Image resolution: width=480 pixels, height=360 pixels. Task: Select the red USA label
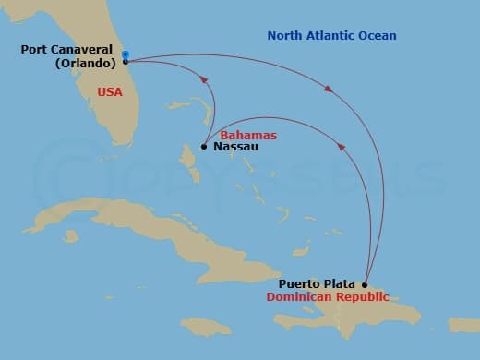tap(109, 92)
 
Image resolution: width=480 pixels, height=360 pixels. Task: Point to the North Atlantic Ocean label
tap(331, 36)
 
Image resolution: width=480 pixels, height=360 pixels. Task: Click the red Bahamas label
tap(248, 135)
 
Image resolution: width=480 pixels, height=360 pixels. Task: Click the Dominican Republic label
tap(327, 297)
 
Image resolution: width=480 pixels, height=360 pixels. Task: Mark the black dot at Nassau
tap(204, 146)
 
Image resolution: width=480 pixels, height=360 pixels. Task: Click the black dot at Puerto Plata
tap(365, 284)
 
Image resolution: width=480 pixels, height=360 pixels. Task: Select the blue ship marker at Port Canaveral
tap(126, 57)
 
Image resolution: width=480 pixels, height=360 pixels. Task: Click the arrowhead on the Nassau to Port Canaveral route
tap(205, 89)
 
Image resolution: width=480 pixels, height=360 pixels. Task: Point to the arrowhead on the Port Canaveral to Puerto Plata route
tap(330, 89)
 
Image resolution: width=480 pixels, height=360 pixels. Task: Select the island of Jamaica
tap(205, 325)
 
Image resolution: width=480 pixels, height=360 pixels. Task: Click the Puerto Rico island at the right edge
tap(463, 325)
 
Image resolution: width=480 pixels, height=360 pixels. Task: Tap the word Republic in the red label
tap(363, 297)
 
